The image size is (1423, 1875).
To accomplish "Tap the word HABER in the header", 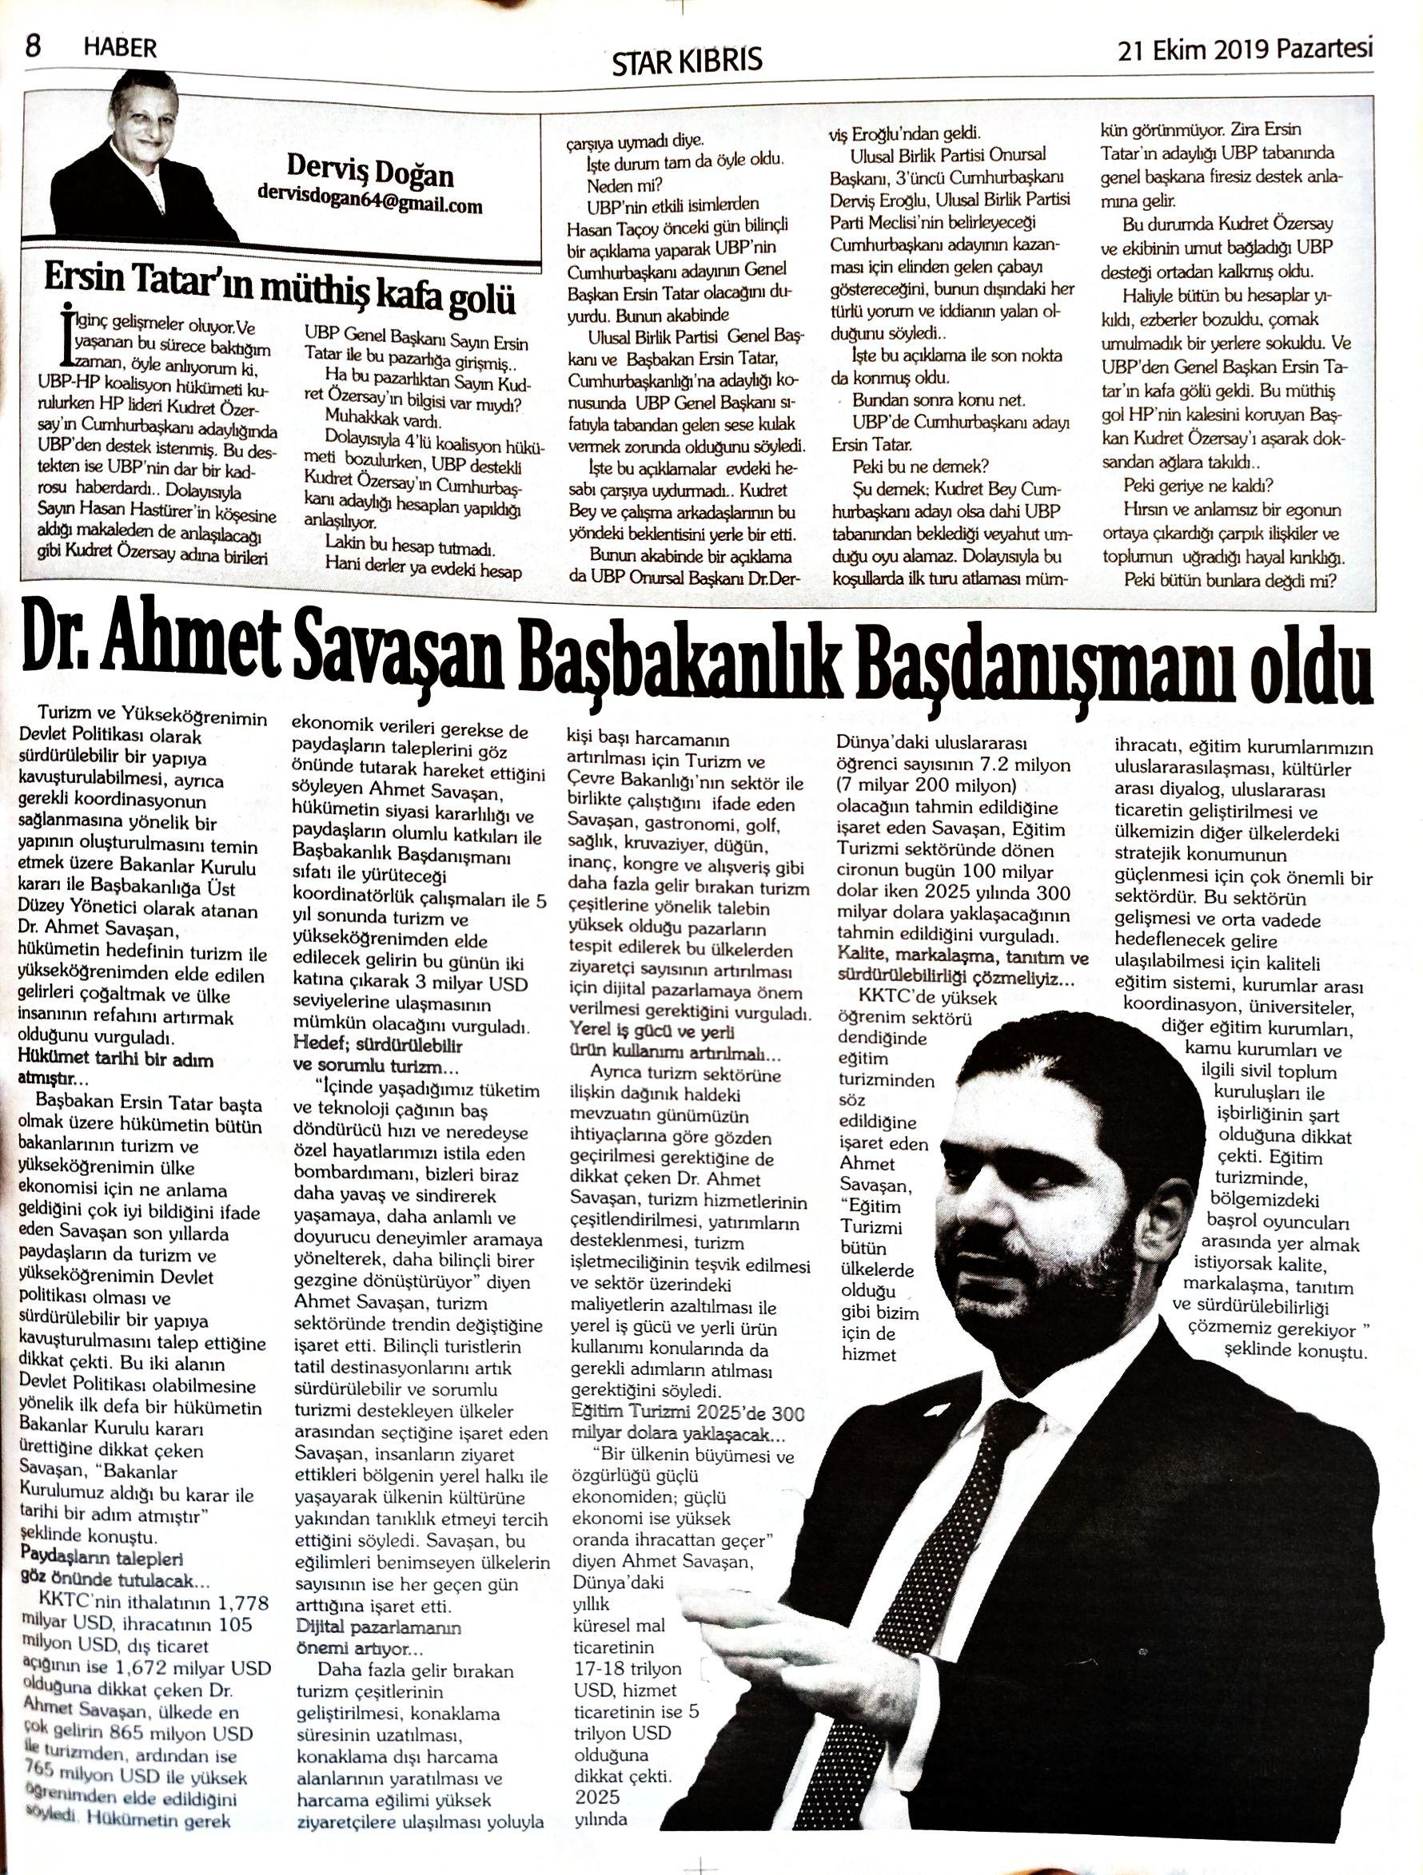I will pyautogui.click(x=121, y=48).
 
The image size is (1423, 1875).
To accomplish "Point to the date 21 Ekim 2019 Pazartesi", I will pyautogui.click(x=1244, y=50).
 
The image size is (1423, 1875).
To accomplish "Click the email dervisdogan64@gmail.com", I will pyautogui.click(x=370, y=205).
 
